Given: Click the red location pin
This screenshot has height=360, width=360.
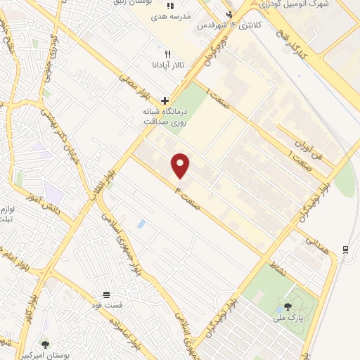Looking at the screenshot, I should (181, 165).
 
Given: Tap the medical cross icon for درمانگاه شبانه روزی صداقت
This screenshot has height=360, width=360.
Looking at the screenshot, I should (165, 101).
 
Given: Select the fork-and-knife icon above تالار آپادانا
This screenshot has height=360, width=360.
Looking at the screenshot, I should (167, 53).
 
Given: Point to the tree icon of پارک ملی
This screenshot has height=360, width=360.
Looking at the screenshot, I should (288, 306).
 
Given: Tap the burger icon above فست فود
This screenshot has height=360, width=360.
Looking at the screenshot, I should (106, 294).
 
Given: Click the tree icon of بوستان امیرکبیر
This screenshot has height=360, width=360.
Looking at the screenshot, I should (46, 345).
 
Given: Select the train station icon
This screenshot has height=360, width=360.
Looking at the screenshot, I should (345, 250).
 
